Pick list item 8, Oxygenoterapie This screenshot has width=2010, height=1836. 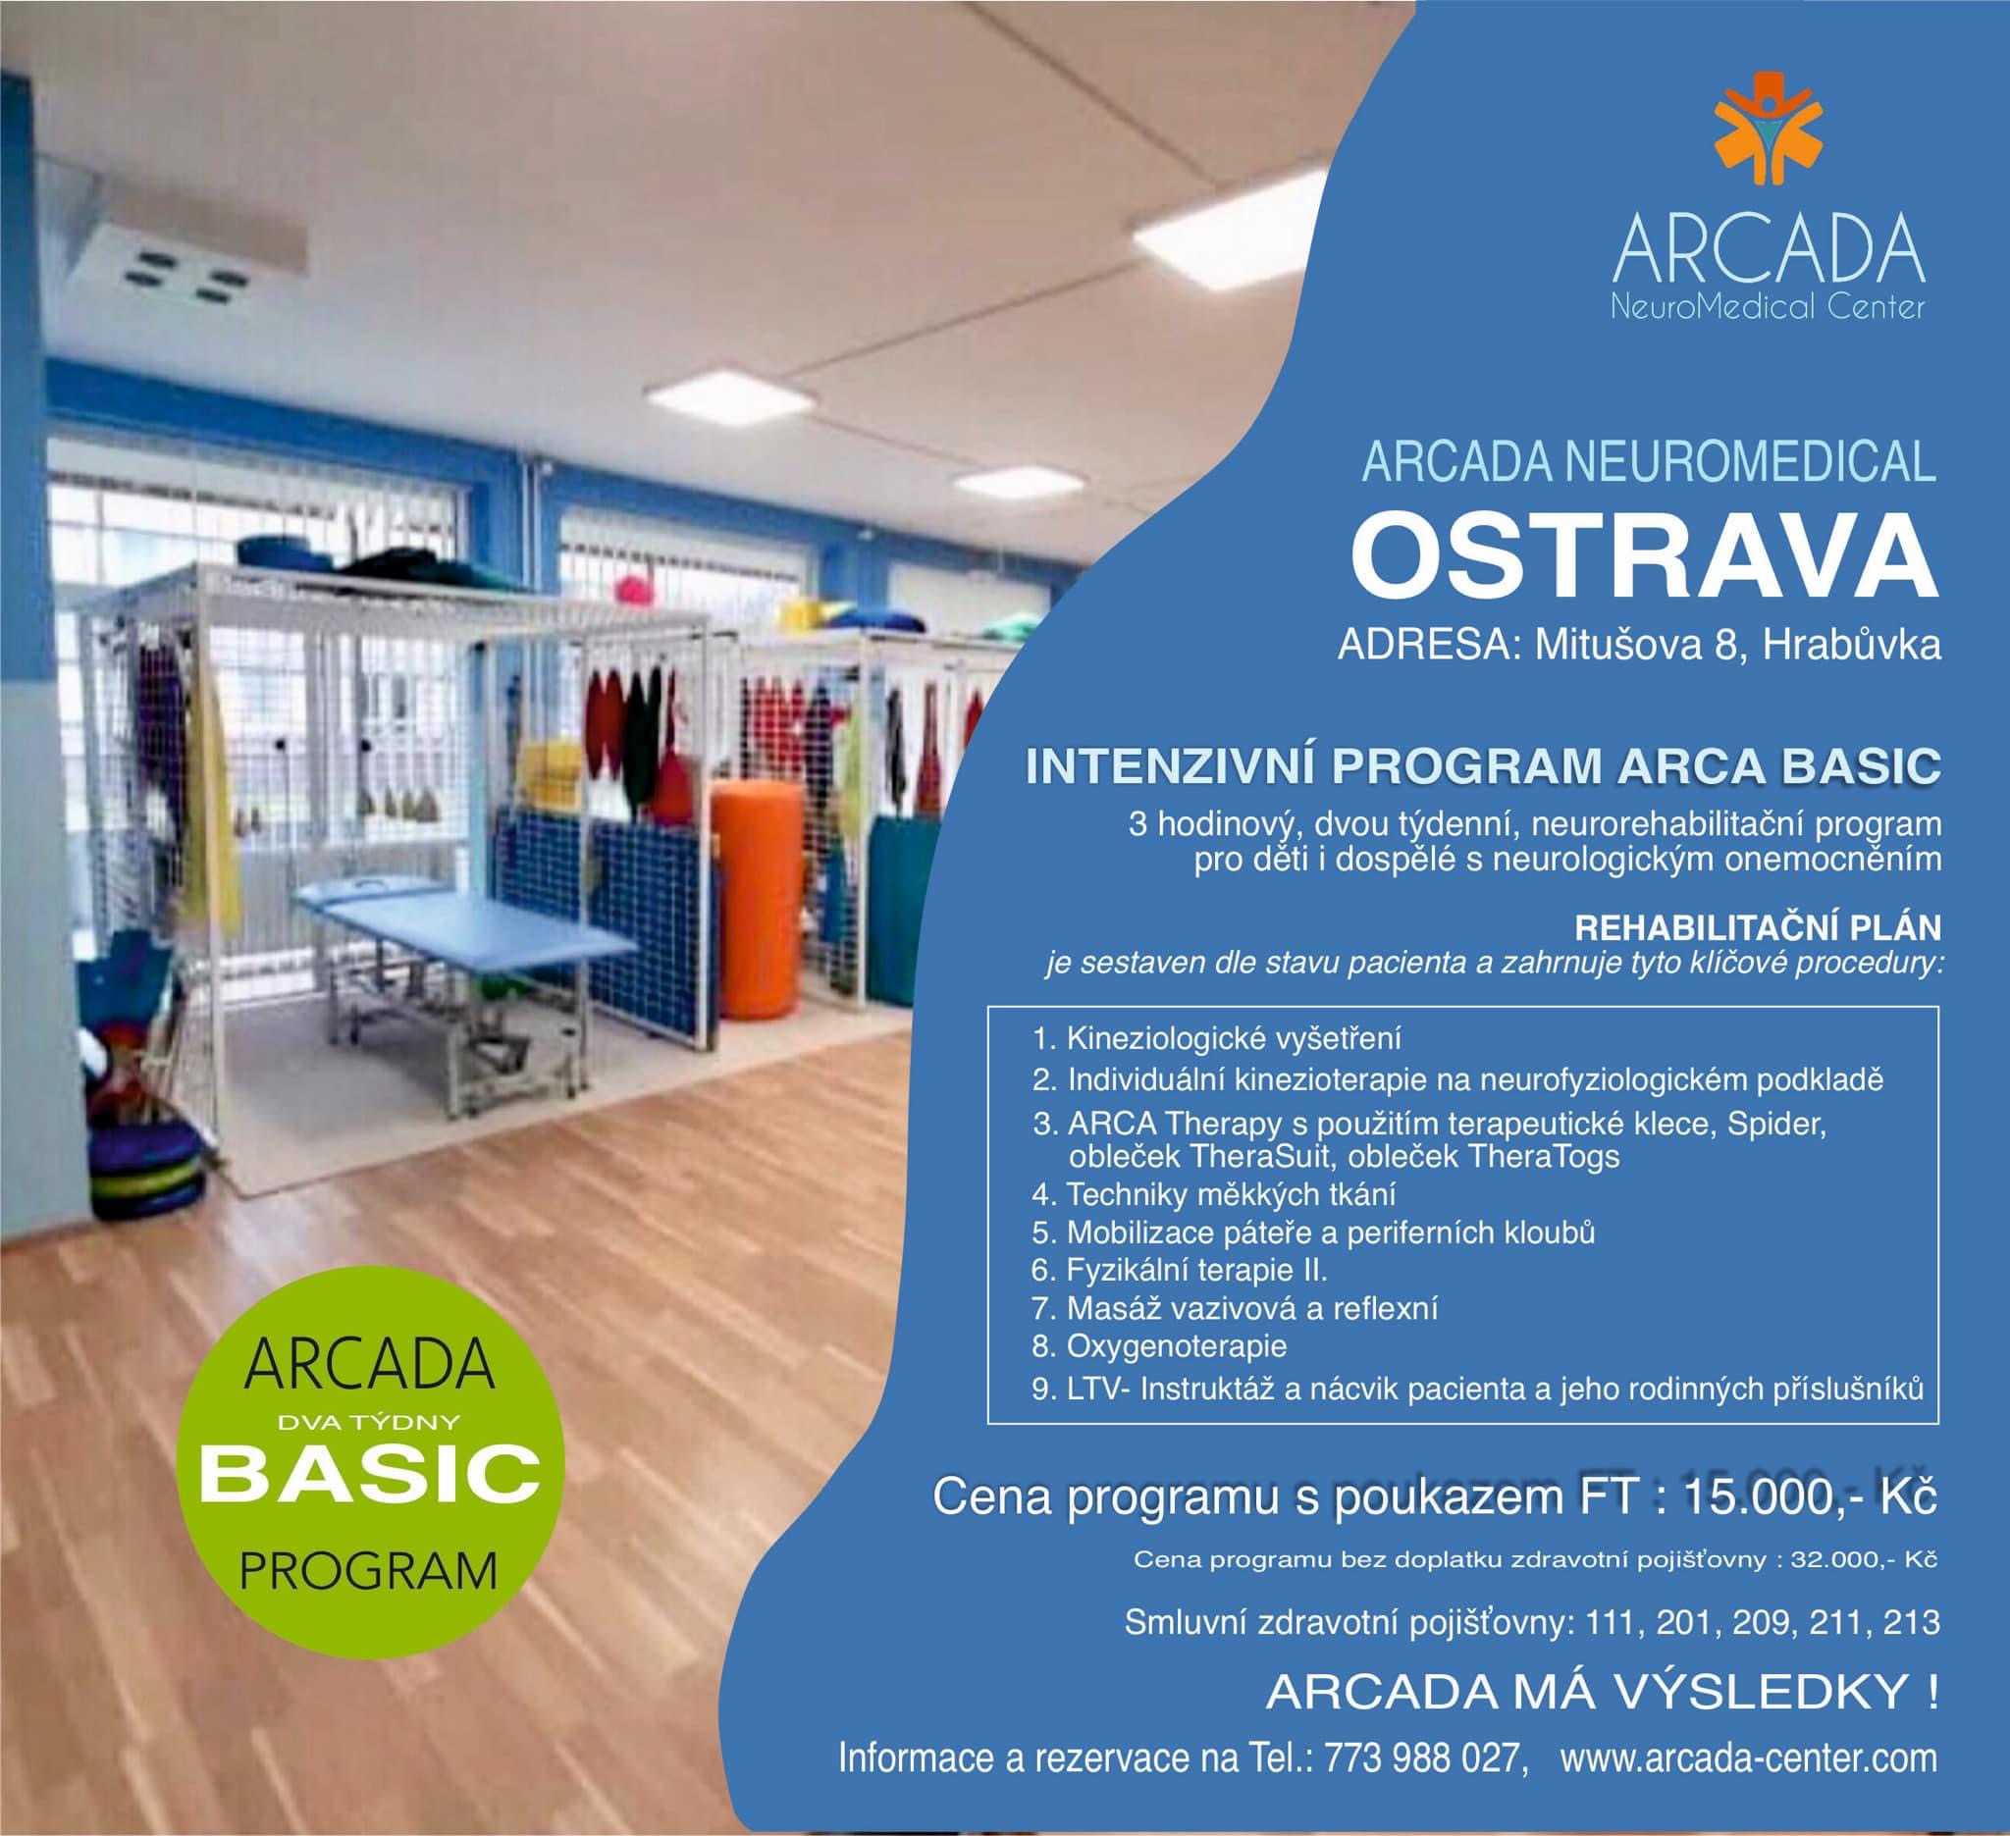coord(1177,1346)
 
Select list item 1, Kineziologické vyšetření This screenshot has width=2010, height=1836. coord(1234,1038)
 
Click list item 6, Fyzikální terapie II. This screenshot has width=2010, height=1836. coord(1196,1270)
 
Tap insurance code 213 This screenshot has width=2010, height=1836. coord(1911,1651)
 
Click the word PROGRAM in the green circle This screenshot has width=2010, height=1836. coord(369,1574)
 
